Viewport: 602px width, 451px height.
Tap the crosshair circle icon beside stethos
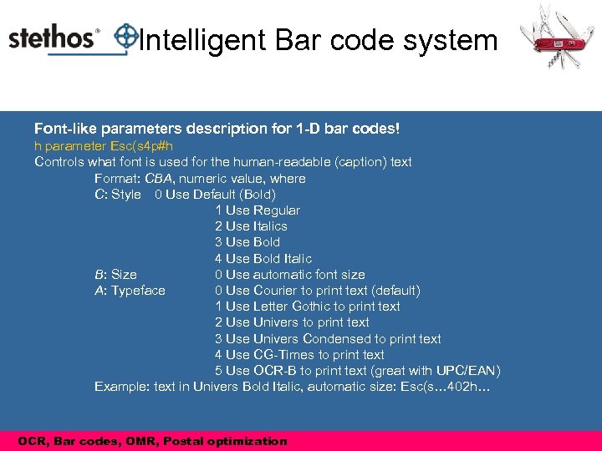125,36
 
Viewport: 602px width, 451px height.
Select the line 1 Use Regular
257,210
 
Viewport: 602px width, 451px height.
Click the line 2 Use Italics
251,226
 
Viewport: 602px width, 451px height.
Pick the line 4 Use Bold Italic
263,259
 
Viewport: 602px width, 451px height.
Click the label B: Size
115,275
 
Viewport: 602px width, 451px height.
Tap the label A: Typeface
130,291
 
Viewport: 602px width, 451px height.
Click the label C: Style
118,195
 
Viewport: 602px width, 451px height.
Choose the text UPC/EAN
470,371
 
